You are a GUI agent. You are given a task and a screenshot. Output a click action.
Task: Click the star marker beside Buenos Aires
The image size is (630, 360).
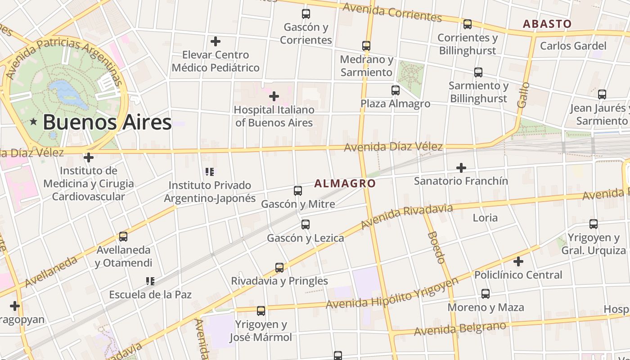(33, 121)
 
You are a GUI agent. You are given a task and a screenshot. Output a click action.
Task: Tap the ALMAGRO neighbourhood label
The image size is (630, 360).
(345, 183)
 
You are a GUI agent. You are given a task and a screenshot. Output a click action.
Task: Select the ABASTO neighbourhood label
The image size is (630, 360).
(547, 24)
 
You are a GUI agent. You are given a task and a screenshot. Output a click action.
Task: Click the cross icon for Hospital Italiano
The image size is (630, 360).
(274, 96)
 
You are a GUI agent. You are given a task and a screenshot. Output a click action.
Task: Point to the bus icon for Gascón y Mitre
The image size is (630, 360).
(297, 190)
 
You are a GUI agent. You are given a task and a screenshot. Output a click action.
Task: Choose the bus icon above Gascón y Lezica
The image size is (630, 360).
(306, 224)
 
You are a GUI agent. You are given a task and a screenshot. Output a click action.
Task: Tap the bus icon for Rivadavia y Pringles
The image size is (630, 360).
(279, 268)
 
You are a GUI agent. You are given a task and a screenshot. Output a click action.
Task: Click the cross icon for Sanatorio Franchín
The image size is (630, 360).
(461, 168)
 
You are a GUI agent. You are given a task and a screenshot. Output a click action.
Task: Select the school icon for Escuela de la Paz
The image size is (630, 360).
(150, 281)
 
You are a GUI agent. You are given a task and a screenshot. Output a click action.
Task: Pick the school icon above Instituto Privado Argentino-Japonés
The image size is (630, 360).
(209, 171)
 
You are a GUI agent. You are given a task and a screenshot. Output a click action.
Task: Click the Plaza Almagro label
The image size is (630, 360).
(395, 103)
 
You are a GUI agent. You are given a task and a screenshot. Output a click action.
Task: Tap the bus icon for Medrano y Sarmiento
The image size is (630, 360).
(366, 46)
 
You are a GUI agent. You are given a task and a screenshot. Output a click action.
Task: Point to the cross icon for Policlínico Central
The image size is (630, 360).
(518, 261)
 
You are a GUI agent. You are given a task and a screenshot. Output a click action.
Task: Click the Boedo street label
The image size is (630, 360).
(436, 247)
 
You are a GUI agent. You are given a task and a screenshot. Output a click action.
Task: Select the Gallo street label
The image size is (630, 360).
(523, 94)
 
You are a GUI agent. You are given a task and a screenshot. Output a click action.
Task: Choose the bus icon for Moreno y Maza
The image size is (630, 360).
(485, 294)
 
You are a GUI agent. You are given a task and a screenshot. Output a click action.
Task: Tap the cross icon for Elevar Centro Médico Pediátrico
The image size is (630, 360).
(216, 41)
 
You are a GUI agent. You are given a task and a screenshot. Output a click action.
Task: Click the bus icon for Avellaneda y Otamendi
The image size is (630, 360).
(123, 236)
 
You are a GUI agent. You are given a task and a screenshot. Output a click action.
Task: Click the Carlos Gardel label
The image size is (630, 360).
(573, 45)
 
